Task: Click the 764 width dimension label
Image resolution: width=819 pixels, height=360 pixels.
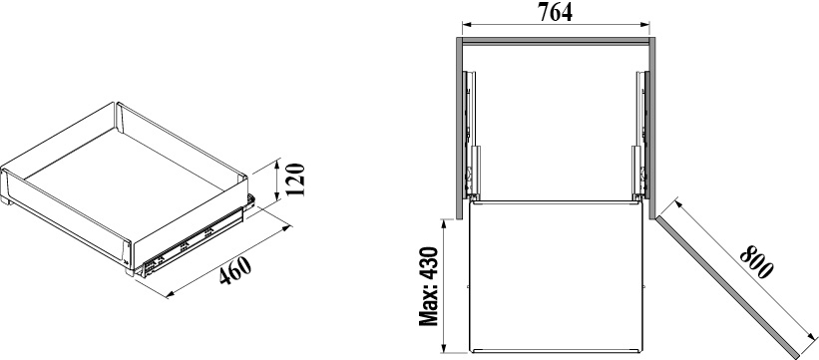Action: tap(556, 13)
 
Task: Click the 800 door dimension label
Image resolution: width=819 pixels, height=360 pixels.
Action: tap(756, 261)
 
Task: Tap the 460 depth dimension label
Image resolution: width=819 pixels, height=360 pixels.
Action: tap(235, 270)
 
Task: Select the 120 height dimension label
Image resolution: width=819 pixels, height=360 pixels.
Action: tap(295, 180)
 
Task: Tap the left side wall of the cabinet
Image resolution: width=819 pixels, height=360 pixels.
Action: tap(460, 128)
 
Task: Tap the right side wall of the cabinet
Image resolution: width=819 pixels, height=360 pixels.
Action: tap(651, 128)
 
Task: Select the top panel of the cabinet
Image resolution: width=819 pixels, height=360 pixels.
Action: tap(556, 40)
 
